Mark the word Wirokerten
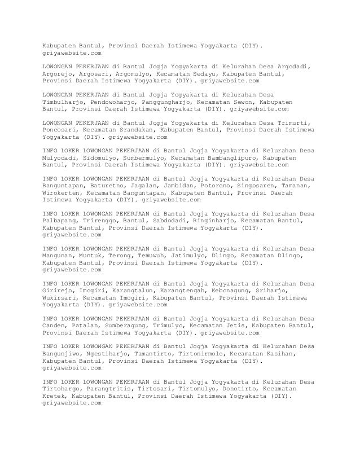[x=62, y=193]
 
